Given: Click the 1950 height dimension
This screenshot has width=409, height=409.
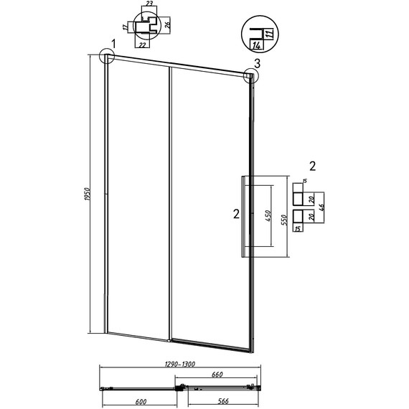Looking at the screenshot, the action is (88, 194).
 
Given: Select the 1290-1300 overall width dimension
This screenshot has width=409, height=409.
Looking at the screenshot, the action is (180, 364).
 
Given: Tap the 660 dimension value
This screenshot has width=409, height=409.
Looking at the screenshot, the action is (217, 375).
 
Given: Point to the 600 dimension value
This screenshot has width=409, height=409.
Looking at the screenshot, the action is (141, 402).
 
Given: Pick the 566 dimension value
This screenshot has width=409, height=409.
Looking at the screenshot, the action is (223, 401).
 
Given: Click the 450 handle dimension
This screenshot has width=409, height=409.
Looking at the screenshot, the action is (268, 216).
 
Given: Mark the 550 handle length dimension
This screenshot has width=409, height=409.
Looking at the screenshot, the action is (284, 220).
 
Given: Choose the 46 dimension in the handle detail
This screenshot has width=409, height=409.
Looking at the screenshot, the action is (321, 207).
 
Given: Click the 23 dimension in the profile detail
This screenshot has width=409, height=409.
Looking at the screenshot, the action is (149, 4).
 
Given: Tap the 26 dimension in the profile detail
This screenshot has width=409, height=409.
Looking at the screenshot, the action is (168, 25).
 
